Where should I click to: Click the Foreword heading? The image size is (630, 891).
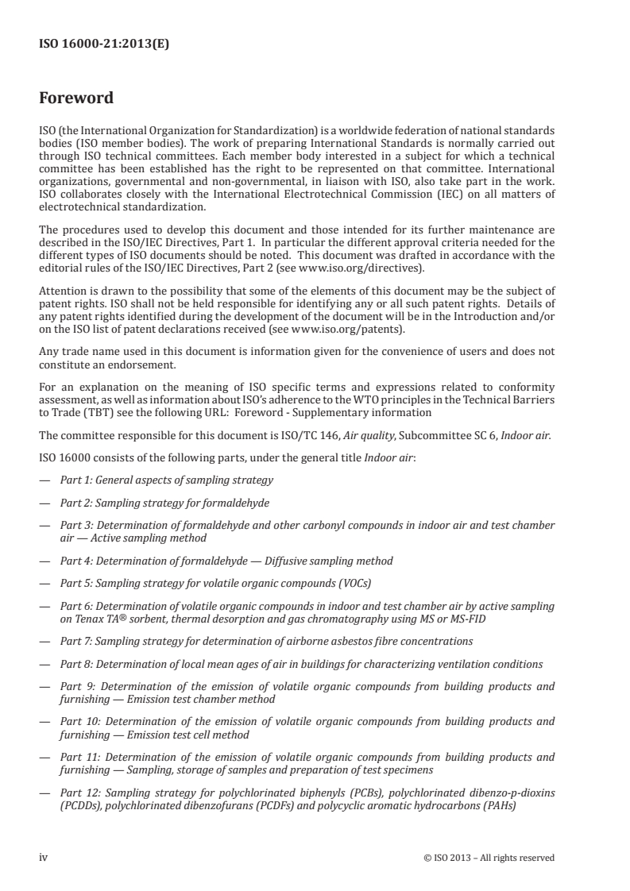coord(76,99)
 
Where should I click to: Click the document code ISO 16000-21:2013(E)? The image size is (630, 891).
coord(105,44)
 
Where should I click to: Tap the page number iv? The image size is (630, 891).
coord(44,857)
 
